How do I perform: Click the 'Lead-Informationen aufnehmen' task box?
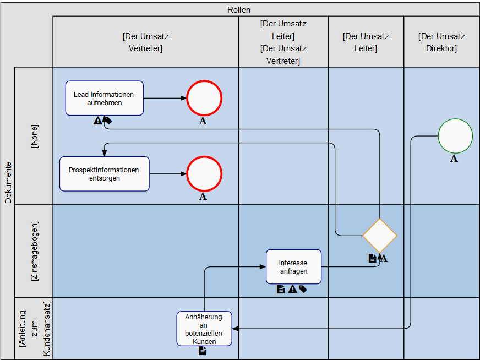[x=104, y=98]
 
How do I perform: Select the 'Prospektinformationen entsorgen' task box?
[x=104, y=174]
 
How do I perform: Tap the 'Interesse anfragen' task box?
[x=293, y=266]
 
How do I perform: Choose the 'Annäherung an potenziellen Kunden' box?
[x=204, y=329]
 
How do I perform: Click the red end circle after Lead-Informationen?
[x=204, y=99]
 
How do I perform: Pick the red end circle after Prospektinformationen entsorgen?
[x=204, y=174]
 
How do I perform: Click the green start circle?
[x=455, y=136]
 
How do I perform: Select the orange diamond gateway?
[x=379, y=236]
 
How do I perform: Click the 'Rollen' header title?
[x=239, y=9]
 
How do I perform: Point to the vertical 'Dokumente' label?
[x=8, y=182]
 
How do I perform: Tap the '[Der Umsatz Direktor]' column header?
[x=441, y=42]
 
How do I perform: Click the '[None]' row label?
[x=35, y=135]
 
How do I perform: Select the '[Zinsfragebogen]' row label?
[x=35, y=251]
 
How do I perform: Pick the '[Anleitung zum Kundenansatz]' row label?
[x=35, y=328]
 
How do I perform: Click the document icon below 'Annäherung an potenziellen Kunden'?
[x=203, y=351]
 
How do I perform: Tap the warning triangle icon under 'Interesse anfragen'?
[x=292, y=289]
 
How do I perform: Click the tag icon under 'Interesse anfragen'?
[x=303, y=289]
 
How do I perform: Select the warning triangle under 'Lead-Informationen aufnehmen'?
[x=97, y=121]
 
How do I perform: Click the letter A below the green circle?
[x=454, y=159]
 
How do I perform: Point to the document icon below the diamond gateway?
[x=372, y=258]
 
